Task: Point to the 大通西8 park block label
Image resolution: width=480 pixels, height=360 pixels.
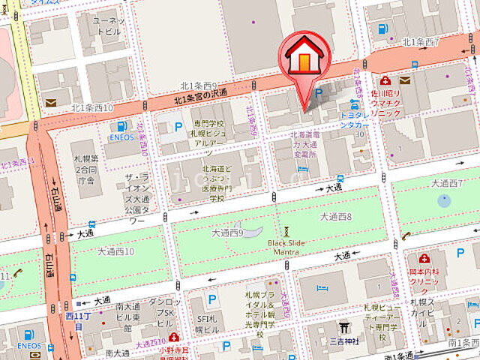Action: [x=336, y=216]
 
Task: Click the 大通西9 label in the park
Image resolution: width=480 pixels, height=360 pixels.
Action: [x=227, y=233]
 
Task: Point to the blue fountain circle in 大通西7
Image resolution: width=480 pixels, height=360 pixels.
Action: [x=444, y=200]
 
